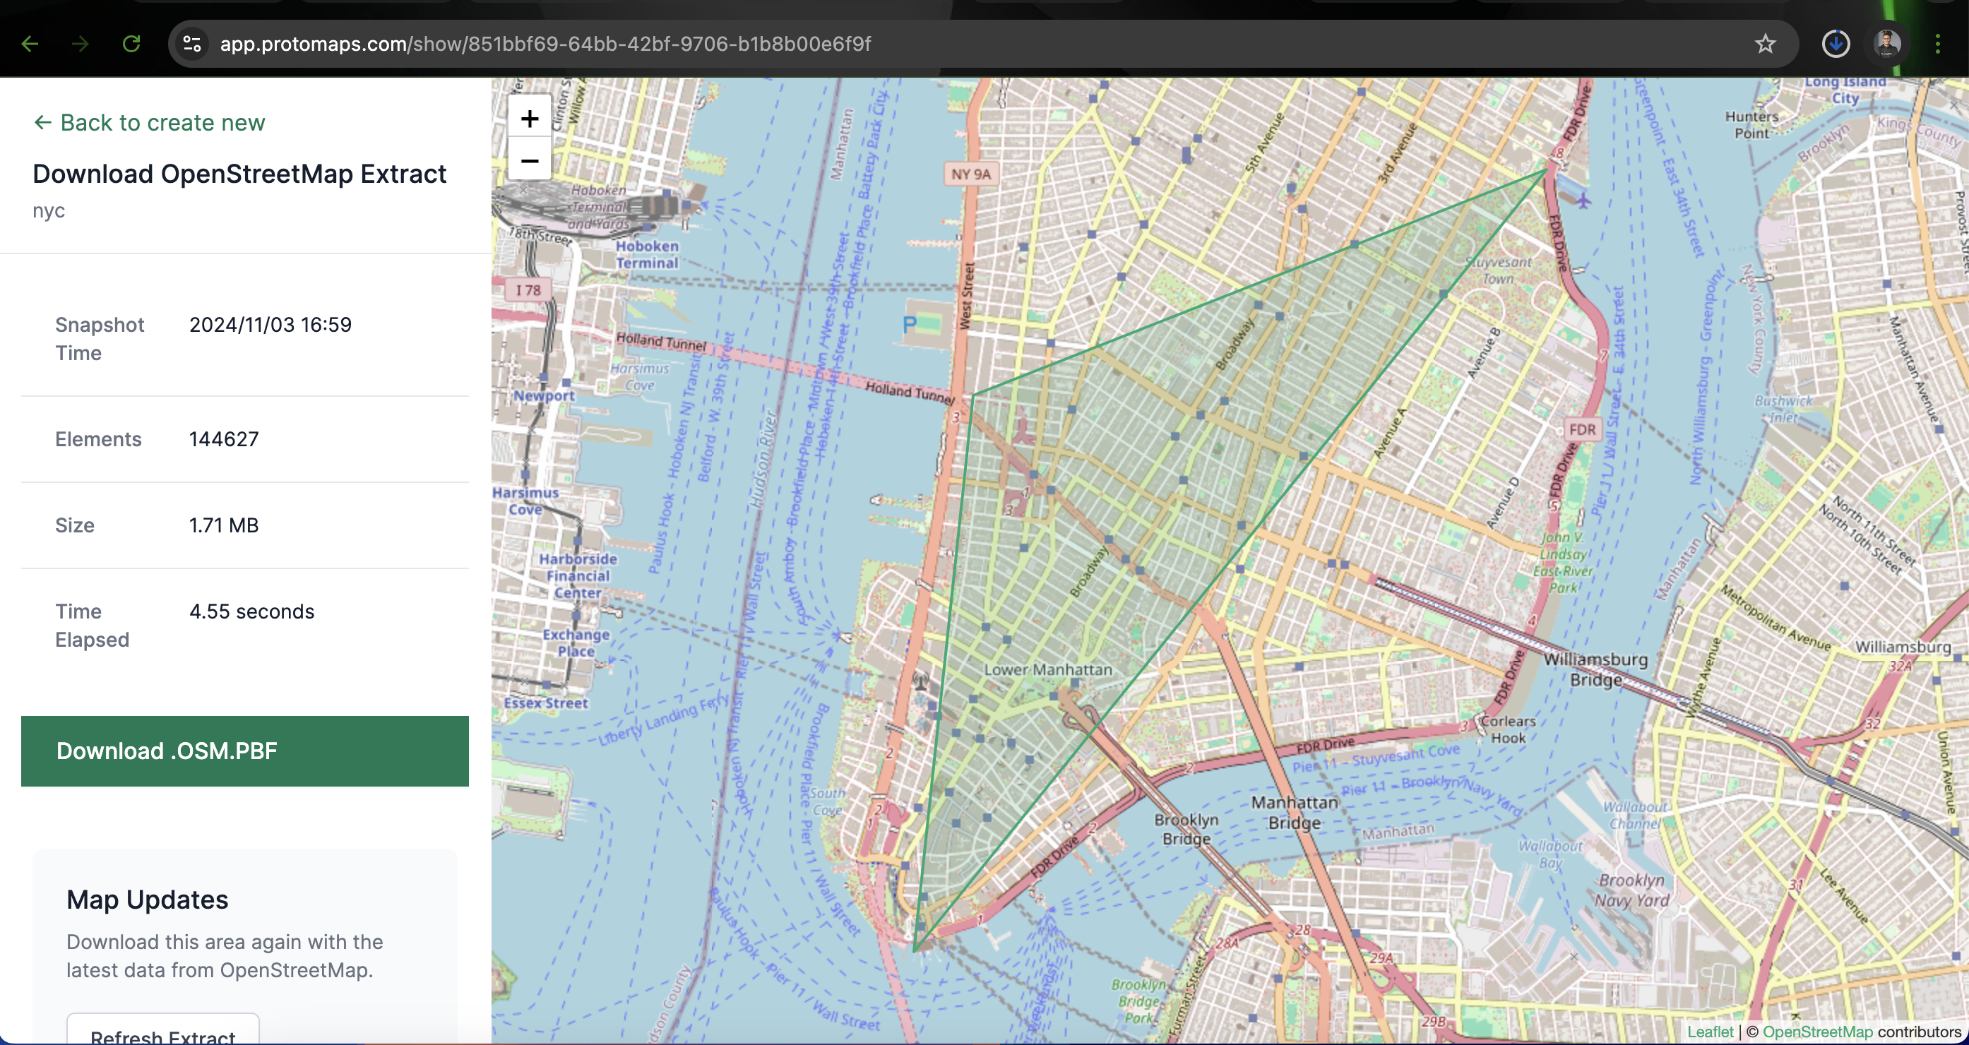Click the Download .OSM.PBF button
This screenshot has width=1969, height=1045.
244,751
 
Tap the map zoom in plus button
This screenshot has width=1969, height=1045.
529,119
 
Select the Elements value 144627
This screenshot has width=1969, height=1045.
224,438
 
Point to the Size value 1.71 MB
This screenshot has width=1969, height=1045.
224,525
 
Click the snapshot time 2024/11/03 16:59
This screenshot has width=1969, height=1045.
270,324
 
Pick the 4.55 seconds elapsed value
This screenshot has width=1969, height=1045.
251,611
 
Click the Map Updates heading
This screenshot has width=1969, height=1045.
148,900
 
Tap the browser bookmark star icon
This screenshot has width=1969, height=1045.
1765,44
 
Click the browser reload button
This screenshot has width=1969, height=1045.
131,44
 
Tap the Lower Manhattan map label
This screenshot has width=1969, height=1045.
1048,669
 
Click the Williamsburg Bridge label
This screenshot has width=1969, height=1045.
1595,669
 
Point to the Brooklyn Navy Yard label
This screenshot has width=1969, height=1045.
1631,890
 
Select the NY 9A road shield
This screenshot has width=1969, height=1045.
971,174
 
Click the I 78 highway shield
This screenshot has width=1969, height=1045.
528,290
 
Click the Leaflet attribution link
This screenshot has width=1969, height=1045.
1710,1032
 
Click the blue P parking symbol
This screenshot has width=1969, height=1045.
909,325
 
